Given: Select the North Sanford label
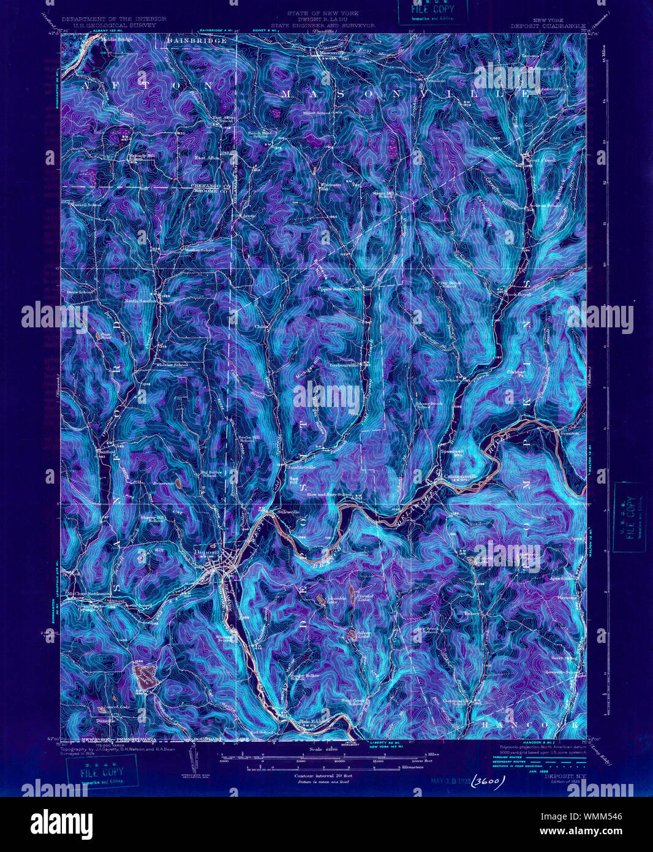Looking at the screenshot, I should click(142, 301).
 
